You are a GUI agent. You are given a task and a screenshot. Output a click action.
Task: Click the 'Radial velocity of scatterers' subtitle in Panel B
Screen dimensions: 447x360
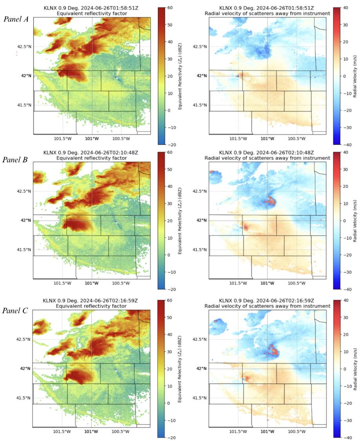tap(267, 158)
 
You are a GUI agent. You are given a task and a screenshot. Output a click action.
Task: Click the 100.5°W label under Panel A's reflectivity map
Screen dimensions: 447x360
tap(121, 138)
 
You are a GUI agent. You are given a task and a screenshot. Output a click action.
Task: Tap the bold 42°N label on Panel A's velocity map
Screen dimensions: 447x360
tap(202, 75)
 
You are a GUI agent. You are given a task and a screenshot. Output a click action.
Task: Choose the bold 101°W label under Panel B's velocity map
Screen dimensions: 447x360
tap(267, 294)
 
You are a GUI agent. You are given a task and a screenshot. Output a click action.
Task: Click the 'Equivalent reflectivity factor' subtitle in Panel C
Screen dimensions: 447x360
tap(92, 306)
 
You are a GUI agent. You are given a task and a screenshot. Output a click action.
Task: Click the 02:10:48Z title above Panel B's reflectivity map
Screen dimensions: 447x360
tap(92, 153)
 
